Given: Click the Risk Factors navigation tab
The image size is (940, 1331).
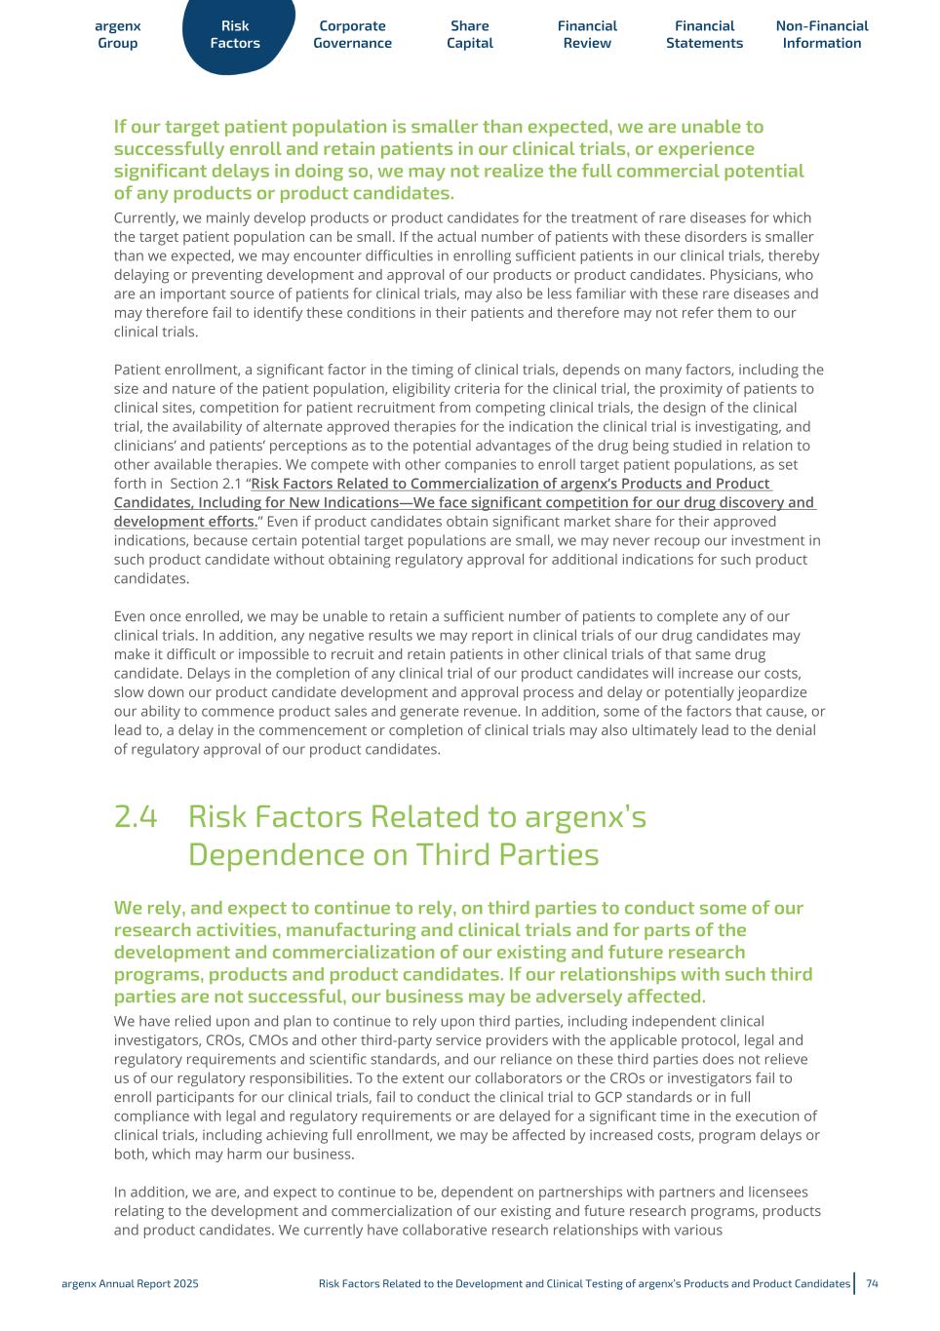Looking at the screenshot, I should [x=235, y=35].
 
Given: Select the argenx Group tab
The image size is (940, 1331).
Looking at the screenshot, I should [x=118, y=35].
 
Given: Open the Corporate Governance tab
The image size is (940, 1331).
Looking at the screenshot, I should [x=352, y=35].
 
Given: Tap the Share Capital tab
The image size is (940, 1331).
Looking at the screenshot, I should [x=470, y=35].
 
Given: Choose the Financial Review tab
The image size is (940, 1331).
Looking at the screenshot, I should [x=587, y=35].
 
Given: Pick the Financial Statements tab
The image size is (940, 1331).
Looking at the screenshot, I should [x=704, y=35].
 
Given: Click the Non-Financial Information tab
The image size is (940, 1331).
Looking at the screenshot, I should [x=822, y=35].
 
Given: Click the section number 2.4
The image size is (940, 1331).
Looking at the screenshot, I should [x=136, y=817].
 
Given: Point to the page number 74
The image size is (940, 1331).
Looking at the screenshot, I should [x=873, y=1283].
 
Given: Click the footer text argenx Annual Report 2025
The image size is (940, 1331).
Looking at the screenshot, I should [x=130, y=1283].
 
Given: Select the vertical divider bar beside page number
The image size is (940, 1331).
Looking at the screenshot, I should [x=855, y=1283].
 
